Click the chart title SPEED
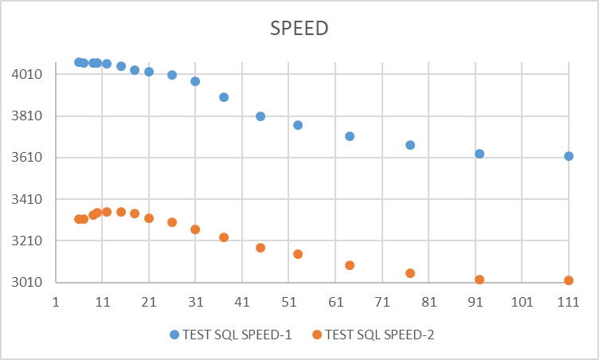(299, 28)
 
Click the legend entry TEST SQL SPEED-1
(230, 335)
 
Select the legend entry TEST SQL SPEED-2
(379, 335)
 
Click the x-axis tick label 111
(568, 303)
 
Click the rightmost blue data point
(569, 156)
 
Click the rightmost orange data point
(569, 280)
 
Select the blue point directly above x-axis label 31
(195, 81)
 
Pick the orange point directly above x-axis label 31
(195, 229)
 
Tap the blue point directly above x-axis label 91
(480, 154)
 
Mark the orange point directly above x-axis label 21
(149, 218)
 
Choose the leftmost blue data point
(79, 62)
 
